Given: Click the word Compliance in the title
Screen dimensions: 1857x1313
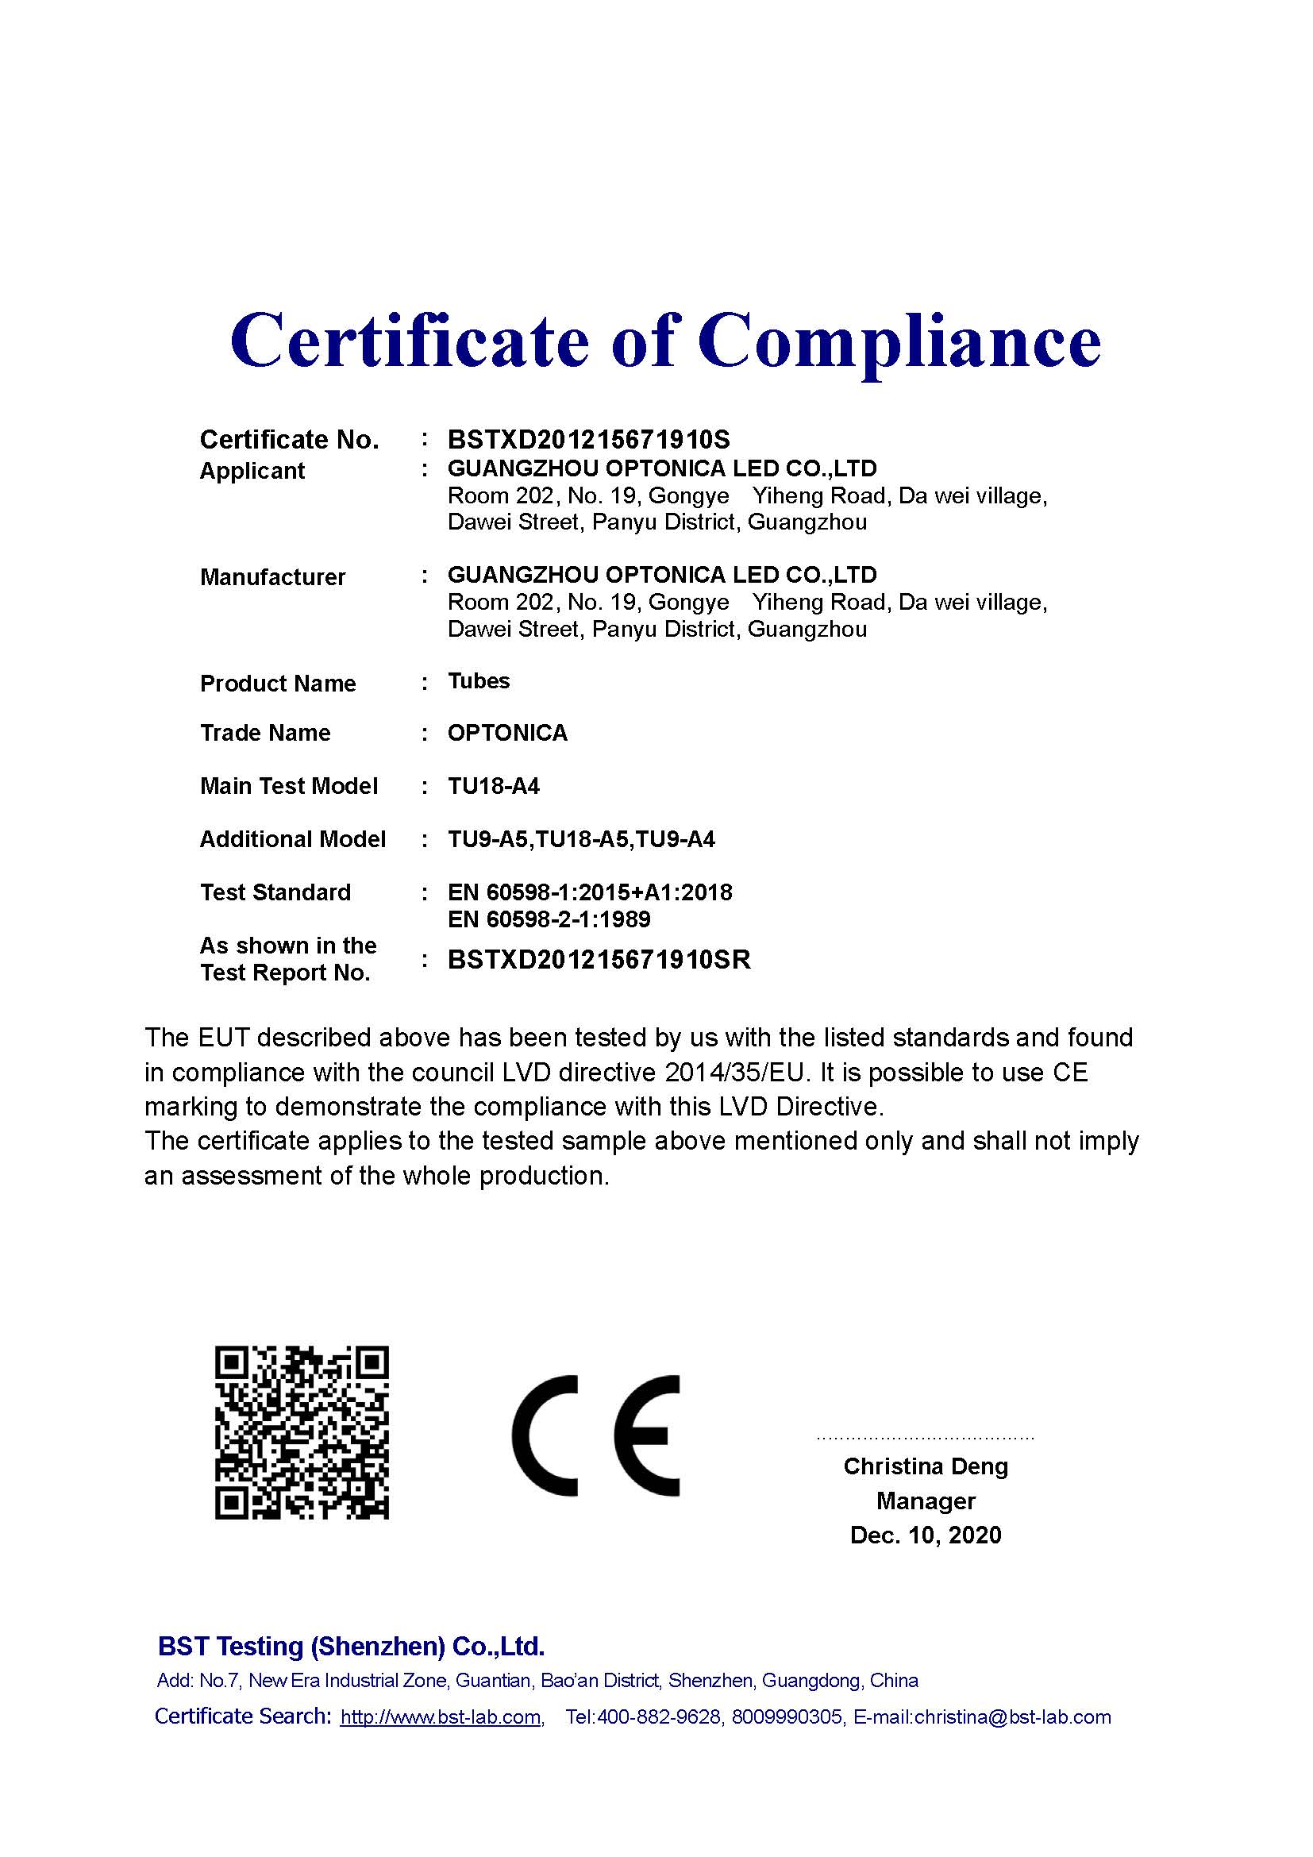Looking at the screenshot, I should coord(899,341).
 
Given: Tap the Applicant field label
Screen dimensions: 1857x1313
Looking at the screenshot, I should coord(252,471).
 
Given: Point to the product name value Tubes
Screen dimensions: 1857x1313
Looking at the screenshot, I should coord(479,681).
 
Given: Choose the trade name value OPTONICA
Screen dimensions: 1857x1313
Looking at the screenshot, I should coord(507,733).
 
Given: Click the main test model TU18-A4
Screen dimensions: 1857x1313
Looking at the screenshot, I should coord(493,786).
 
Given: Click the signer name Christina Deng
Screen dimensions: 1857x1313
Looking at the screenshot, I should coord(926,1466).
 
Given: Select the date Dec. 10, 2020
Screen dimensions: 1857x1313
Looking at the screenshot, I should coord(926,1535).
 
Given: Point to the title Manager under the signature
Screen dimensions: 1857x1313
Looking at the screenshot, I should coord(926,1501).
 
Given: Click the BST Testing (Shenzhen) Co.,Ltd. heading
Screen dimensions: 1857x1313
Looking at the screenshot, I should coord(351,1646).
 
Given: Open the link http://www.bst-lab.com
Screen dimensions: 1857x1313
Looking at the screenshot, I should coord(441,1717).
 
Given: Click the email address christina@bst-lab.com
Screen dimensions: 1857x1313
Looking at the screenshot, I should coord(1012,1717).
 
